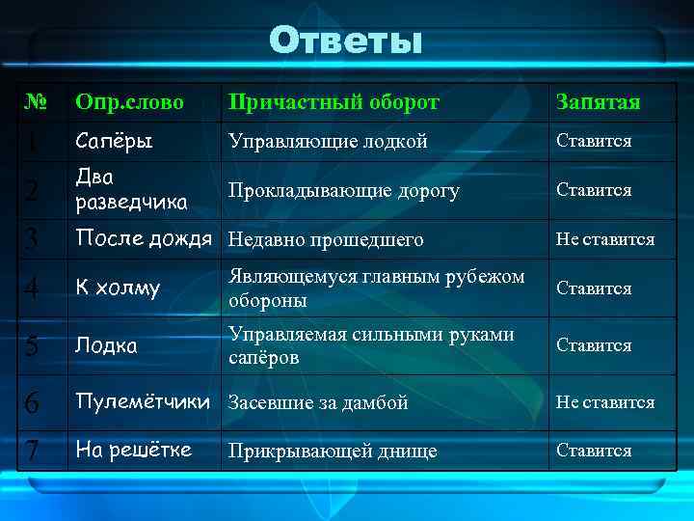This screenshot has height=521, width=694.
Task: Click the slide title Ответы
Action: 345,41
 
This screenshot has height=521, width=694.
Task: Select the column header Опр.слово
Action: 129,102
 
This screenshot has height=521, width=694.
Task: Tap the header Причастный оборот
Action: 333,102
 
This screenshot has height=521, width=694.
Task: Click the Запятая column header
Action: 598,102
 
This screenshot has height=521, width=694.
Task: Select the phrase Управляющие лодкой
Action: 327,141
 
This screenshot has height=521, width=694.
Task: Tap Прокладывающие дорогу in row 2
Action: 343,191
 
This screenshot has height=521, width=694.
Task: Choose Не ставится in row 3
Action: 604,238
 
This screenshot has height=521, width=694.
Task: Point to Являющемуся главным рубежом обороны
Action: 376,288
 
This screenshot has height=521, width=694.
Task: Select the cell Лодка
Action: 105,344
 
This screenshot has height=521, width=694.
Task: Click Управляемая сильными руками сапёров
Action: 371,344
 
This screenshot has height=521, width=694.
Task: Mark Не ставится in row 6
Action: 604,402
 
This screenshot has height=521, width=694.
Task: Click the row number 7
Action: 33,452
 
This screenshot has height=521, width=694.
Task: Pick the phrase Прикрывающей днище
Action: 332,451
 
